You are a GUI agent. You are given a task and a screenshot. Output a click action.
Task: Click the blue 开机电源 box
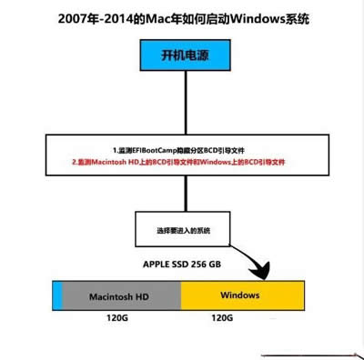182,57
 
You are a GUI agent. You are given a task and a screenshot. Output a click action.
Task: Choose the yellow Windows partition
240,296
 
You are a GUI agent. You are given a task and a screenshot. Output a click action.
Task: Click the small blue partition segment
57,296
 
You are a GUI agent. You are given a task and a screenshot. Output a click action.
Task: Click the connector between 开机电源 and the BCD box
181,105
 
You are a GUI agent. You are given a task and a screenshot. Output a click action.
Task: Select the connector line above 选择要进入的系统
181,196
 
